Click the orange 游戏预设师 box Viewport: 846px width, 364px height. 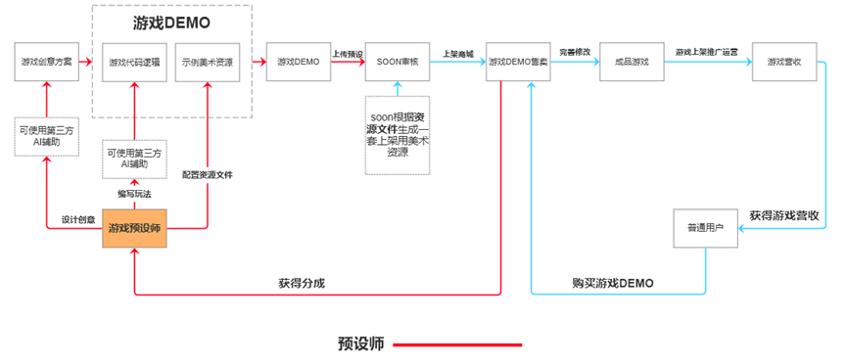(x=135, y=228)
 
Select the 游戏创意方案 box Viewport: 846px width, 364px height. (x=46, y=62)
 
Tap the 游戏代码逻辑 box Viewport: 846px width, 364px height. (x=133, y=62)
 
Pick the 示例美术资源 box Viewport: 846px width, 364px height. (x=208, y=62)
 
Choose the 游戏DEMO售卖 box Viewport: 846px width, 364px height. (x=519, y=62)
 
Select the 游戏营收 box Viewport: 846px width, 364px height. (x=784, y=62)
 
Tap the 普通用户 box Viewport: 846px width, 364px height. (x=705, y=228)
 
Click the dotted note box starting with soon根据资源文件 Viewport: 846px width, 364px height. (x=398, y=135)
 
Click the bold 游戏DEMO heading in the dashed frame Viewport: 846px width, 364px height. (x=172, y=22)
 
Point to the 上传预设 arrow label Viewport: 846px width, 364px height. (x=348, y=54)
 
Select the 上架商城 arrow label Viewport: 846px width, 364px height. (x=458, y=54)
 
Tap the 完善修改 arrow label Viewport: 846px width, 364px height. (x=575, y=52)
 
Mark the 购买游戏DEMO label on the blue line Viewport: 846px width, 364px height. (x=613, y=284)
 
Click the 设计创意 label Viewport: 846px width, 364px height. (x=76, y=219)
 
